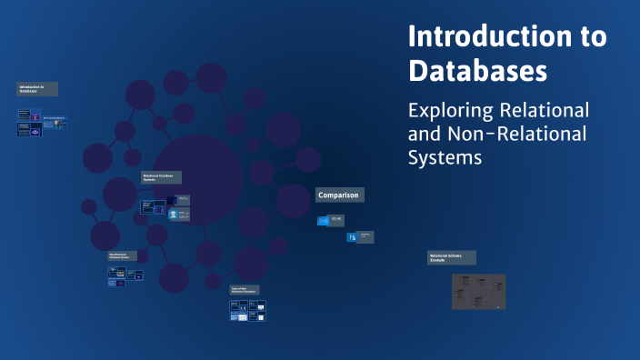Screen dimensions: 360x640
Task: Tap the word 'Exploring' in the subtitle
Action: click(x=449, y=111)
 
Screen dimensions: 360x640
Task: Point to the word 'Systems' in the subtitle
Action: click(x=444, y=156)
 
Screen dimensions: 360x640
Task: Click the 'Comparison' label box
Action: click(x=339, y=195)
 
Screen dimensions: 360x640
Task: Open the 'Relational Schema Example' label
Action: click(x=452, y=257)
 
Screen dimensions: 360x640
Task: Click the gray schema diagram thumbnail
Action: click(x=478, y=291)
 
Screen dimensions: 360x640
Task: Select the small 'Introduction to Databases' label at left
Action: click(x=37, y=89)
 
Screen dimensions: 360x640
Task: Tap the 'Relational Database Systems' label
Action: click(x=161, y=177)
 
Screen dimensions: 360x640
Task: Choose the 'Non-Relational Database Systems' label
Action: click(x=123, y=256)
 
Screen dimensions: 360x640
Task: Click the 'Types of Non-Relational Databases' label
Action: click(x=244, y=289)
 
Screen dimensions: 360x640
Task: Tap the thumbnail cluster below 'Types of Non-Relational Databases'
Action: click(x=247, y=310)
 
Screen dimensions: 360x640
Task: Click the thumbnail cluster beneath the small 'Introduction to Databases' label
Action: click(x=41, y=123)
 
